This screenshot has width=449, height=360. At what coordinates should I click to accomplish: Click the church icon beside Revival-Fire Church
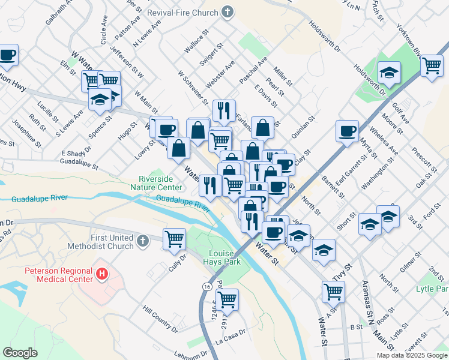click(x=228, y=11)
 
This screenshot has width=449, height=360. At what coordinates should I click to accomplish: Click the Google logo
click(x=20, y=353)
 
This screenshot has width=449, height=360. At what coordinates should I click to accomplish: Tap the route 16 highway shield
click(x=206, y=288)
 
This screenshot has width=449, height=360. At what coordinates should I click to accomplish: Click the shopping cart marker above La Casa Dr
click(x=228, y=298)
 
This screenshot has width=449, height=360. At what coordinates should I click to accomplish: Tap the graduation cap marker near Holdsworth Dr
click(x=390, y=73)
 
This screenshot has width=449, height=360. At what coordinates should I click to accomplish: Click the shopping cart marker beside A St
click(x=333, y=292)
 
